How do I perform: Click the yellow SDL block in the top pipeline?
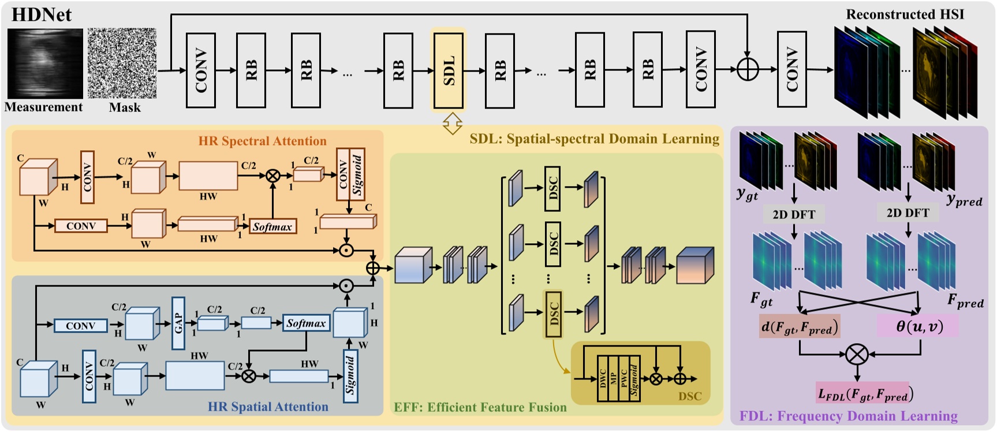click(449, 70)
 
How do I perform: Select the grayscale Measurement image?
click(45, 64)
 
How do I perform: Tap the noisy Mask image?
click(122, 64)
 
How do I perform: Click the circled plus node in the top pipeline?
click(748, 70)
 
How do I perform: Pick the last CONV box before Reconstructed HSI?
click(791, 70)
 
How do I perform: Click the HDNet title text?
click(42, 14)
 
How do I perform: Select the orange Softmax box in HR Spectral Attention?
click(272, 226)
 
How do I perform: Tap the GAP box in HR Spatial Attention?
click(178, 323)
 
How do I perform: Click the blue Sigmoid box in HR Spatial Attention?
click(350, 376)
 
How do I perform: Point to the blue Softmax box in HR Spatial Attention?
click(306, 323)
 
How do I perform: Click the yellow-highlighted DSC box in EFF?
click(554, 314)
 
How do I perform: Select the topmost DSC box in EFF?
click(552, 188)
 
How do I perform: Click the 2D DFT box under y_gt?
click(794, 214)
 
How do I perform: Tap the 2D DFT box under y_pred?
click(908, 213)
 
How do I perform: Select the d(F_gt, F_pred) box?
click(799, 327)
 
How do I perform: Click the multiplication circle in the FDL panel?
click(857, 354)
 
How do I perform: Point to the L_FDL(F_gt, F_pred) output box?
click(864, 394)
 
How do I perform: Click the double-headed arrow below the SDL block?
click(452, 123)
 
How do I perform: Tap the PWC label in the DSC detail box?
click(623, 379)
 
